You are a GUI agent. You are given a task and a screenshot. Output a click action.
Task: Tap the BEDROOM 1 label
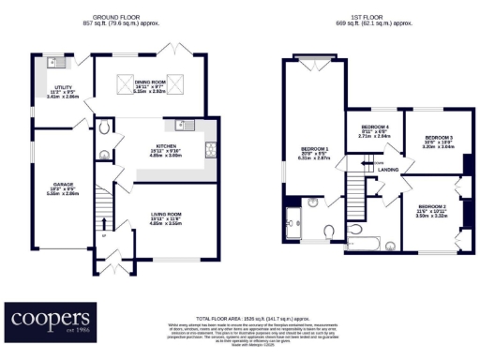[x=314, y=149]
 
